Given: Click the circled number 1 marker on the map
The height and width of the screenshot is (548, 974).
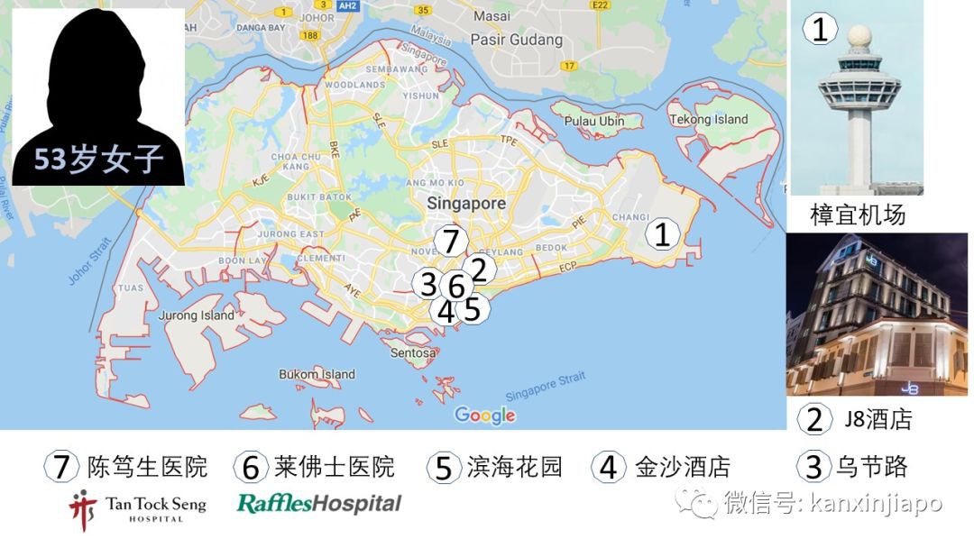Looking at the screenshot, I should (662, 235).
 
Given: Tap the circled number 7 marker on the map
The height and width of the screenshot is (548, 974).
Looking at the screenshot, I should (450, 241).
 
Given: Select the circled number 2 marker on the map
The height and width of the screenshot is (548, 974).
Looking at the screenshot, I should (479, 269).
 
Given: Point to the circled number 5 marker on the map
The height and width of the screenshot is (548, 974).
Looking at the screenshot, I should (472, 309).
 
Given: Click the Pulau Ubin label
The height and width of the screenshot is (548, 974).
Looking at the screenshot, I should (594, 121).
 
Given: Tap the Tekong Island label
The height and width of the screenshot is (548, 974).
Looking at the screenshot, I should (708, 119).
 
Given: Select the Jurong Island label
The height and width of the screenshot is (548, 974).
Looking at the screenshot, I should (196, 315).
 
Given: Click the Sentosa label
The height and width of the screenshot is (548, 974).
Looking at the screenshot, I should (413, 352).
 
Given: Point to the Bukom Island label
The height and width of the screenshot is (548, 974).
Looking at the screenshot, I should (317, 374).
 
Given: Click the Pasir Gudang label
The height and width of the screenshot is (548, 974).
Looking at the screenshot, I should (517, 40).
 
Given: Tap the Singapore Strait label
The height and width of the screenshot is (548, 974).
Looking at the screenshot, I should (545, 387).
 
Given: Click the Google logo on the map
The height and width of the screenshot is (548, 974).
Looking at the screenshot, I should (484, 416).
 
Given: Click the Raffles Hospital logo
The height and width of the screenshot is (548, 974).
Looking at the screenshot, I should (318, 503).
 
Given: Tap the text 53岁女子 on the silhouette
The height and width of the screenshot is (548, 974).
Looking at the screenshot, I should (99, 160).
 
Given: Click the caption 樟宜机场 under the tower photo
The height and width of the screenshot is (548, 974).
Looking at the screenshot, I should (857, 215).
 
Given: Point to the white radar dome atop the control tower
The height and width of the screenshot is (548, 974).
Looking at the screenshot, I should (859, 37).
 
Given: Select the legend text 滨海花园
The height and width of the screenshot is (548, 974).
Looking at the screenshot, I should (514, 467).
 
